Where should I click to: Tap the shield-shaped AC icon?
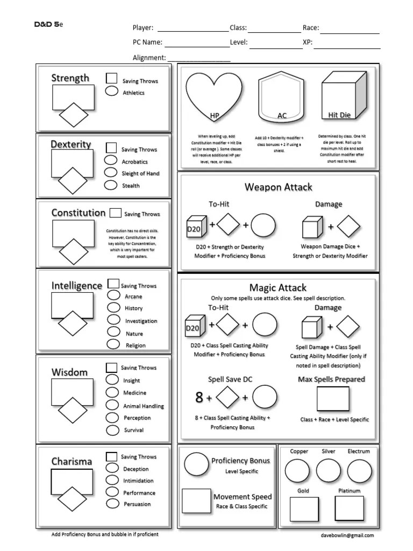click(x=282, y=97)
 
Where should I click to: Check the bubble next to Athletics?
click(x=112, y=91)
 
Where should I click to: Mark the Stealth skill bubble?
click(x=111, y=185)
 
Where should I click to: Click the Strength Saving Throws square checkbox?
click(x=112, y=79)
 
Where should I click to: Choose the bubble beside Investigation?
click(x=113, y=320)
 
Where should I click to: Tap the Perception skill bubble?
click(x=112, y=418)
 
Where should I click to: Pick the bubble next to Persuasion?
click(x=112, y=504)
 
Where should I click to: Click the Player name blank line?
click(x=193, y=31)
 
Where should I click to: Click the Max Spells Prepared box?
click(x=332, y=399)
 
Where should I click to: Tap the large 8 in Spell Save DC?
click(x=199, y=398)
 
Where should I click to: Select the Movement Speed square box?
click(x=196, y=500)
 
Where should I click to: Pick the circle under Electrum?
click(x=359, y=471)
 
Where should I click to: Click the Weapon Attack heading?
click(x=278, y=187)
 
